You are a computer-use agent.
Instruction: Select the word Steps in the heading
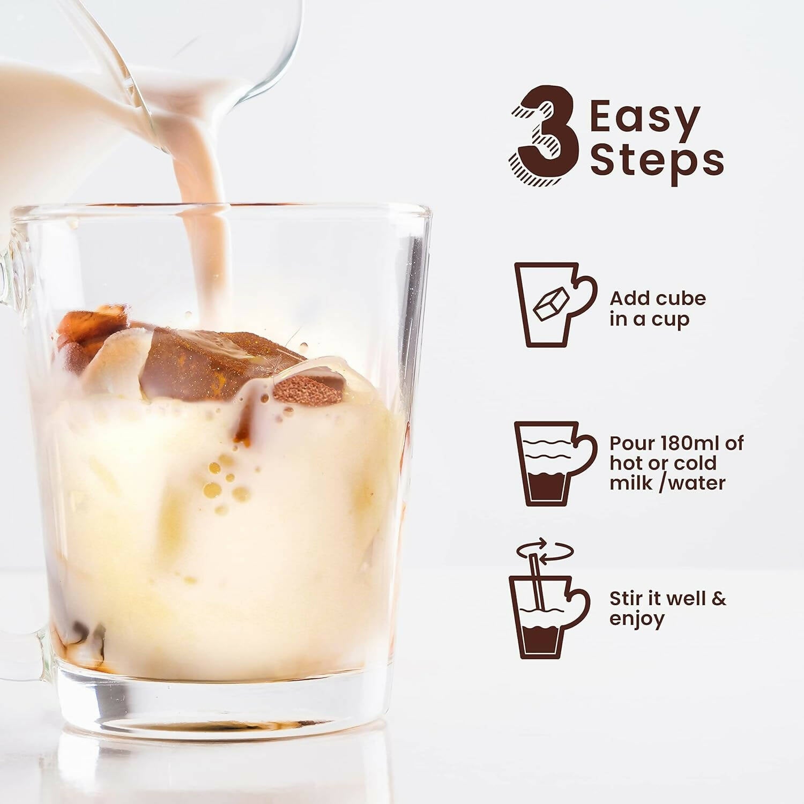point(657,161)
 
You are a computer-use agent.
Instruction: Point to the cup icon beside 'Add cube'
point(555,304)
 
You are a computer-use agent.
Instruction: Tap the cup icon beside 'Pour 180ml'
point(555,464)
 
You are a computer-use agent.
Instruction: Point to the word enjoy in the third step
point(637,620)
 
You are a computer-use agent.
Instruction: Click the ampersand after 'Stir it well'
point(719,599)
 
